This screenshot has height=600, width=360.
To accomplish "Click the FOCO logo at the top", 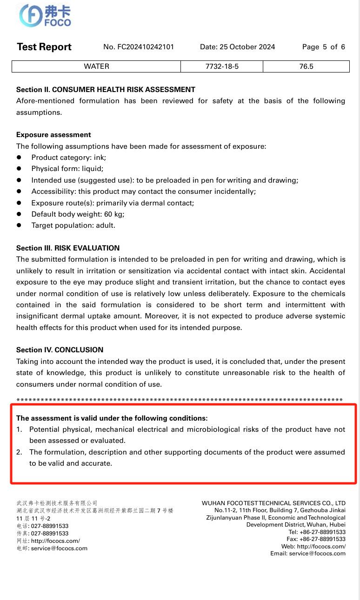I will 45,16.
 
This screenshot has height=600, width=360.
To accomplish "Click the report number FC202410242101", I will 139,47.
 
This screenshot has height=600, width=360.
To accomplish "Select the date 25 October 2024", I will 237,47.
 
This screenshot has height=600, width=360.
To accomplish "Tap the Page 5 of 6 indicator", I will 323,47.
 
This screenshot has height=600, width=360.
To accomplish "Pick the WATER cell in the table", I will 96,66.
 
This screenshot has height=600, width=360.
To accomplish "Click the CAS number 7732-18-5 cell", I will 222,66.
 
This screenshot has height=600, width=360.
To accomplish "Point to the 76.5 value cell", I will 306,66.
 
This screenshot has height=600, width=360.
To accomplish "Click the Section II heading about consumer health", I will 106,89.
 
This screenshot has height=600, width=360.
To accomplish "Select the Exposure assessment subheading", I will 53,135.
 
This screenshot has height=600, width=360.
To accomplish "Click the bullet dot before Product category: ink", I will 19,158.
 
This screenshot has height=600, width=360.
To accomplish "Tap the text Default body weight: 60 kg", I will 78,214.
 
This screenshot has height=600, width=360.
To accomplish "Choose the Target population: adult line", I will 73,225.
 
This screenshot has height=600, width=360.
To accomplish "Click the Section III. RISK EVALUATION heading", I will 68,248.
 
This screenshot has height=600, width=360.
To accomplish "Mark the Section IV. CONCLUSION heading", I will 60,350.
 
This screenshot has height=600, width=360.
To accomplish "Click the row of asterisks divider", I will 180,400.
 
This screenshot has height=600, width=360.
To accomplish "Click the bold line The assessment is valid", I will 112,418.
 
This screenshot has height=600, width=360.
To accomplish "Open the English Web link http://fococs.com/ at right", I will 321,547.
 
